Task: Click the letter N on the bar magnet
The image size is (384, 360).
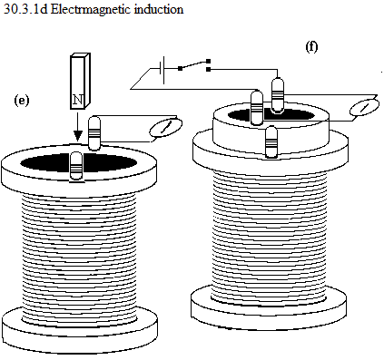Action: [x=78, y=100]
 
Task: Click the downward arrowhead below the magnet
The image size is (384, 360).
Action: [x=78, y=135]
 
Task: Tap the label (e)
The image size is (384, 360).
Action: [x=22, y=101]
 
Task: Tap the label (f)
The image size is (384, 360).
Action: [x=311, y=47]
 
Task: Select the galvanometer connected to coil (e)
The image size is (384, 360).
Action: [x=166, y=128]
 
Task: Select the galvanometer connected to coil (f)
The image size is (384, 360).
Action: [x=364, y=107]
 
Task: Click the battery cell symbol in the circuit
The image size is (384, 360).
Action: [x=162, y=70]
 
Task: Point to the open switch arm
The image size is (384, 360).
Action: [x=194, y=64]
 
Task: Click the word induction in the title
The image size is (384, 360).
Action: [x=159, y=9]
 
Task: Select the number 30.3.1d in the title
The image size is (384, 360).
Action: [x=25, y=9]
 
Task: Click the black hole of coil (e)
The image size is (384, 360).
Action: [x=79, y=162]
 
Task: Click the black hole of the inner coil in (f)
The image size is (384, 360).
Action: [x=271, y=115]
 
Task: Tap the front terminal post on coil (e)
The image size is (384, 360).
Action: [x=76, y=166]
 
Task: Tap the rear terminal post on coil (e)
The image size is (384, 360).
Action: [x=94, y=133]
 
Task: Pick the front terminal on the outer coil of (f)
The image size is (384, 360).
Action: [x=271, y=142]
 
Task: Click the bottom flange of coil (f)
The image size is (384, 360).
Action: [x=269, y=306]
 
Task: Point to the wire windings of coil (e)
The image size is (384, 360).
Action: [x=80, y=257]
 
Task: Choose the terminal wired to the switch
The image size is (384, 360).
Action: [x=278, y=95]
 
